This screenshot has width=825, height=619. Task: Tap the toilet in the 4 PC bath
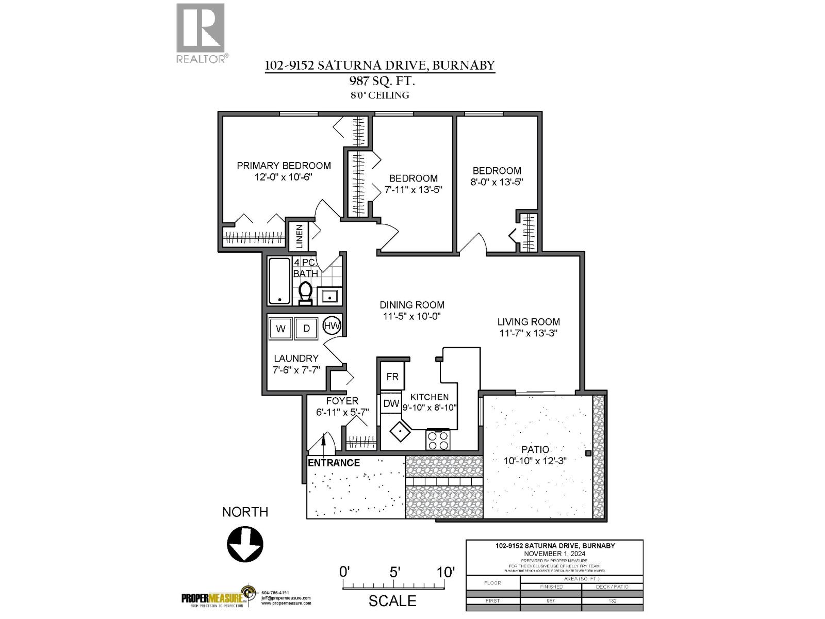305,293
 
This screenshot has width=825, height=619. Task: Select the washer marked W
281,329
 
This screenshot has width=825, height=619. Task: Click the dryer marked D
306,329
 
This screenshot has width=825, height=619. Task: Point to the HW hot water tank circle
332,326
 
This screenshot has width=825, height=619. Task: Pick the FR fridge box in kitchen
392,377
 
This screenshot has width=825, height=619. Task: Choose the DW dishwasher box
391,403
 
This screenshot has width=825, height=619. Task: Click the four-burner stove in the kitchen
438,440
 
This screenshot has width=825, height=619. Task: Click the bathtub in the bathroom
279,281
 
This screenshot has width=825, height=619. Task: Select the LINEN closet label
299,237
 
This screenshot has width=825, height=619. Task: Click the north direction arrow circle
245,545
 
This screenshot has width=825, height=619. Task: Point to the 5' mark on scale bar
394,572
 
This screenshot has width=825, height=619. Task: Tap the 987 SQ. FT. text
379,81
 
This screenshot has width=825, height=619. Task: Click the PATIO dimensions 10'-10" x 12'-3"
535,461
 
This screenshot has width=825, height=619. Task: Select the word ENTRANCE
334,463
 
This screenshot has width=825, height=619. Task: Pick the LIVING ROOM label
528,321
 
